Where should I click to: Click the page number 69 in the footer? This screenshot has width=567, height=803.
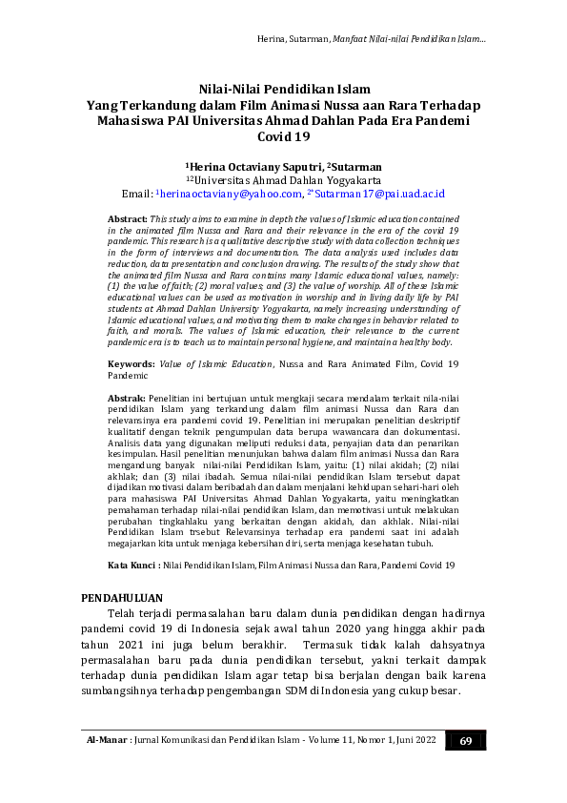pos(465,741)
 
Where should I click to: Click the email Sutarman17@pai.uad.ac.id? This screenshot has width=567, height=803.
pos(378,193)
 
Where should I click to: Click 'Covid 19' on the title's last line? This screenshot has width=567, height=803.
pos(284,137)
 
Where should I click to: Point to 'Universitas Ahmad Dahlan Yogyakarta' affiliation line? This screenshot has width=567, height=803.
pos(284,178)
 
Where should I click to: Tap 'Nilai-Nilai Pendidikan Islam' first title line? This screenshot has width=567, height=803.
pos(284,90)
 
